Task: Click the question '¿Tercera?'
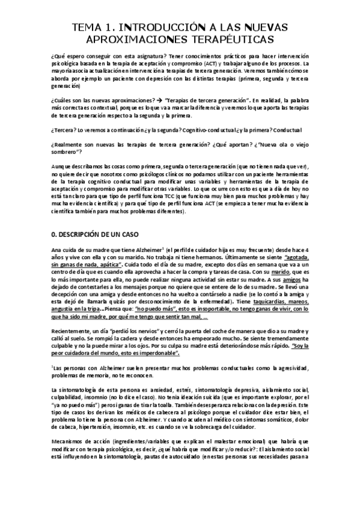point(66,129)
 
